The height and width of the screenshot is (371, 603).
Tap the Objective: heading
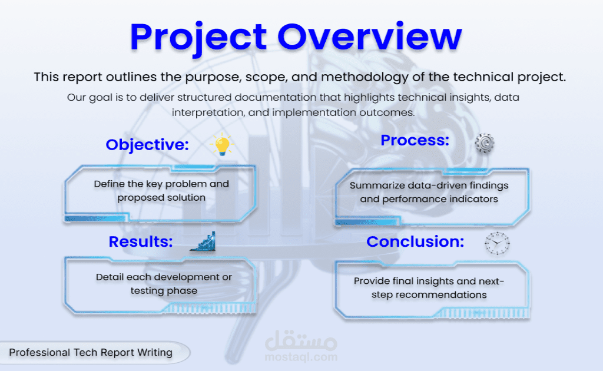coord(147,145)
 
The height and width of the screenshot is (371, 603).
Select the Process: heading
coord(415,140)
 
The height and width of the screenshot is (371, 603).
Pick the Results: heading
coord(141,242)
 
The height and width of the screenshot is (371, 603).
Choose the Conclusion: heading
coord(415,242)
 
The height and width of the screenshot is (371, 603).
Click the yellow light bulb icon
coord(222,144)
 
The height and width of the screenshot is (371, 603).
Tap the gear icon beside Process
coord(485,144)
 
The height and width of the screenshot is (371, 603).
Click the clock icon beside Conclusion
coord(497,243)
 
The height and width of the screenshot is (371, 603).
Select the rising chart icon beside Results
coord(203,242)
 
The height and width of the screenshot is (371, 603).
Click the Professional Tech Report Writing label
coord(91,353)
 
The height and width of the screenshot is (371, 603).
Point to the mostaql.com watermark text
coord(301,357)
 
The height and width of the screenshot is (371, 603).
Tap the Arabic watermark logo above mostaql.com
coord(301,340)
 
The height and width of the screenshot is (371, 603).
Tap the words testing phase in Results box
coord(164,291)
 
